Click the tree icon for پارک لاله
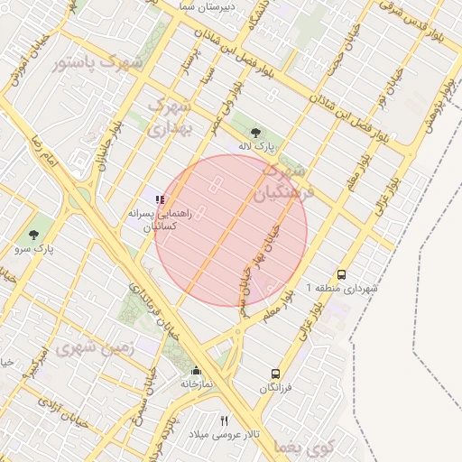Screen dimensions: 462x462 pyautogui.click(x=255, y=132)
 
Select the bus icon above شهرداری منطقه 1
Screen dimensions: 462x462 pyautogui.click(x=341, y=274)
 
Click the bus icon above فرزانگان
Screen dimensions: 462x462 pyautogui.click(x=275, y=374)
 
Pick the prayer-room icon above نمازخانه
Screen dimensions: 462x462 pyautogui.click(x=196, y=370)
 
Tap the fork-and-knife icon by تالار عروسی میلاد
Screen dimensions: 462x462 pyautogui.click(x=224, y=420)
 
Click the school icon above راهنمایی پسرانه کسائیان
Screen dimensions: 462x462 pyautogui.click(x=159, y=199)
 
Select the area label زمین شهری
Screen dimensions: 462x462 pyautogui.click(x=95, y=347)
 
